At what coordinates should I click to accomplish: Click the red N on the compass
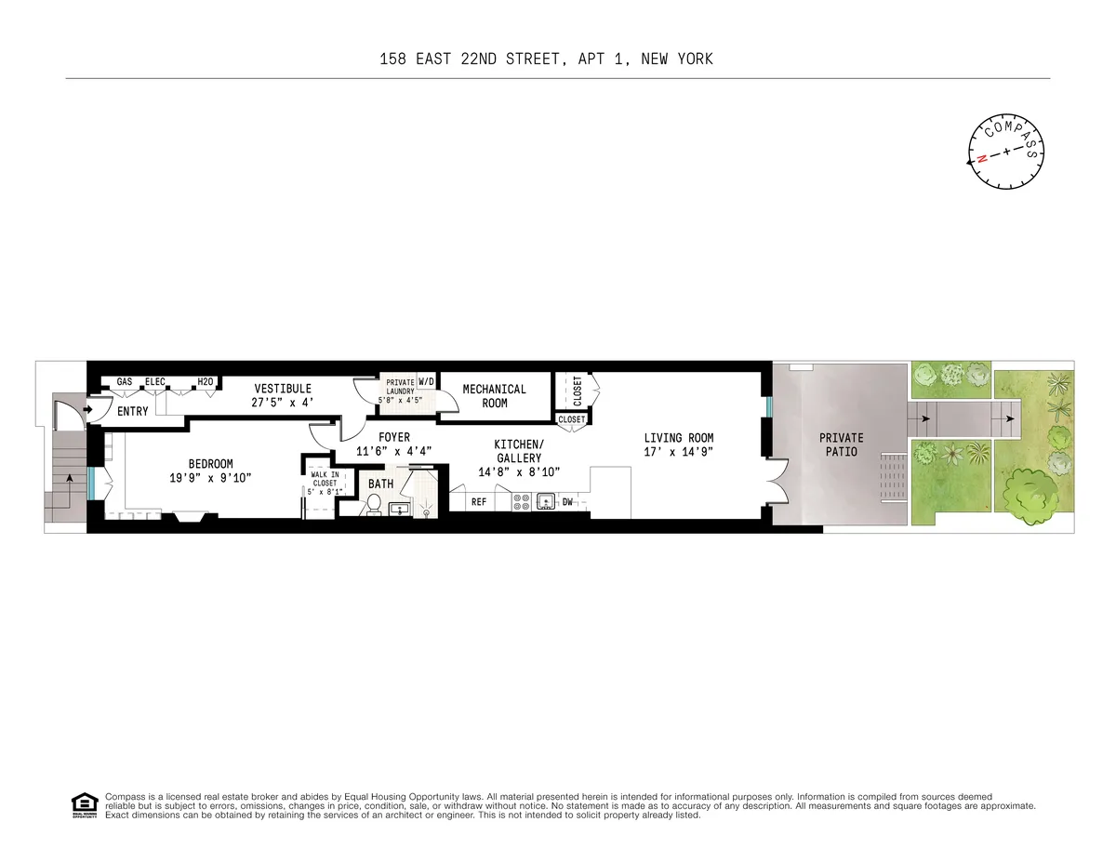pos(981,159)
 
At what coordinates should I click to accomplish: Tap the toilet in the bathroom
pos(374,504)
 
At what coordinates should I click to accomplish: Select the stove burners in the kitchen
pos(521,502)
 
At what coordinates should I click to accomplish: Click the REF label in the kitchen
pos(479,502)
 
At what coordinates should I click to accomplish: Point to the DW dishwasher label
pos(567,502)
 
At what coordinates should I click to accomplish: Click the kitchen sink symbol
pos(545,502)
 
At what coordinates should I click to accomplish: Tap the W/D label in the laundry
pos(426,382)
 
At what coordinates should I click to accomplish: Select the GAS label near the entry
pos(124,382)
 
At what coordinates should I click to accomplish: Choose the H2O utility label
pos(206,382)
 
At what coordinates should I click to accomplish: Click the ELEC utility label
pos(155,382)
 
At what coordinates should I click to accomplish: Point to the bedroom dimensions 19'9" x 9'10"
pos(211,477)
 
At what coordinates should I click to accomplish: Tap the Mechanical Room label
pos(495,396)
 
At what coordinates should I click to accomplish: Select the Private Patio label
pos(841,444)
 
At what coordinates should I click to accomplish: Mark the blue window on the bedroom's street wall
pos(92,483)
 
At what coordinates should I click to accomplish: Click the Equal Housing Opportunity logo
pos(85,805)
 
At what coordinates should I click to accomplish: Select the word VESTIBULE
pos(283,389)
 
